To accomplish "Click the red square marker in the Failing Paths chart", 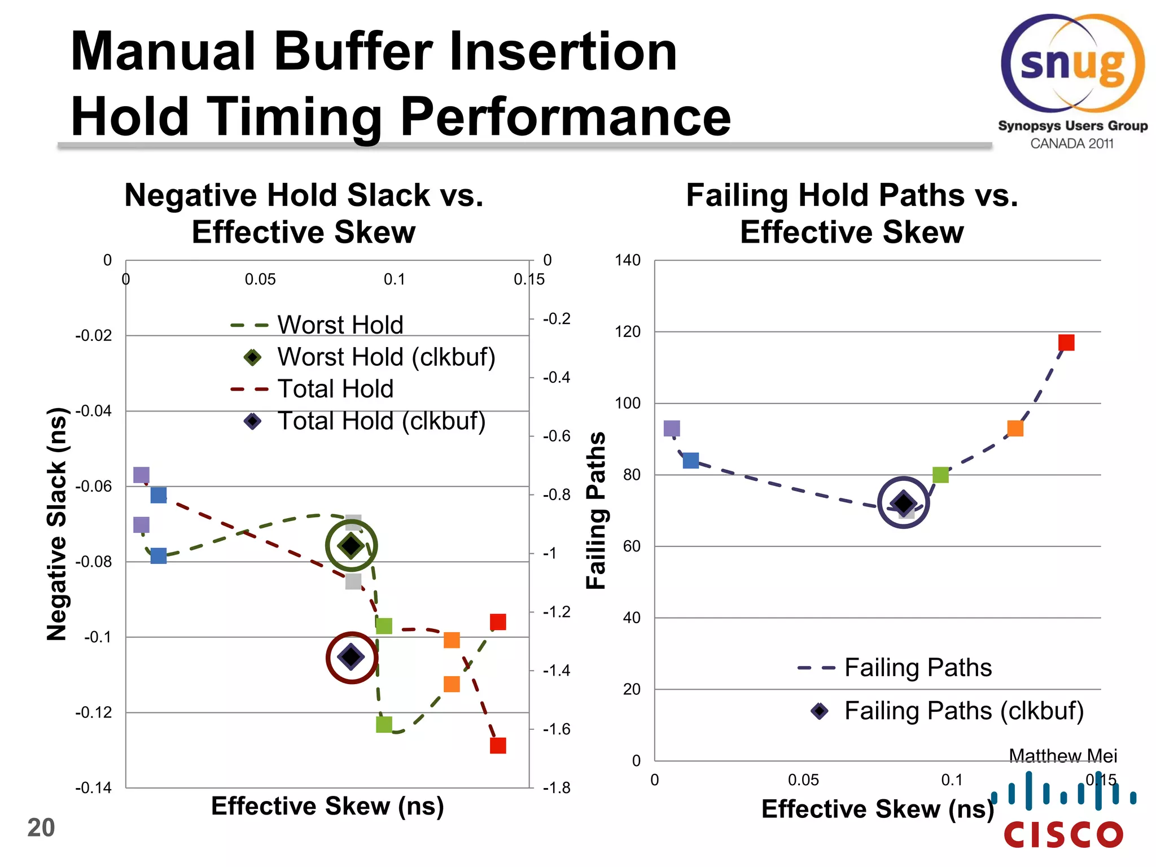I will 1066,343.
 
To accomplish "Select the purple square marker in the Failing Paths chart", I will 672,428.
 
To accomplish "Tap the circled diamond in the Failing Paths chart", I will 904,502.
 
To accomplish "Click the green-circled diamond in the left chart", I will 352,545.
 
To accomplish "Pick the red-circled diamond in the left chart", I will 352,656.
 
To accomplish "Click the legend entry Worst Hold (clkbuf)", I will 386,357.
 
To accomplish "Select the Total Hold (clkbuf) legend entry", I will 381,421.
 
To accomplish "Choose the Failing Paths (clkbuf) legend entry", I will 963,711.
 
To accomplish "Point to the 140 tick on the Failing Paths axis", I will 628,260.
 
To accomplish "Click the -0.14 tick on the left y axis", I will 93,787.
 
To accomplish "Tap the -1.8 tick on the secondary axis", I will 557,787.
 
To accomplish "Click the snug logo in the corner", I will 1072,65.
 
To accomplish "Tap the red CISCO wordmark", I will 1063,835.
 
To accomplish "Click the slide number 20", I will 41,828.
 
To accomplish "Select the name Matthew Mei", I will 1062,755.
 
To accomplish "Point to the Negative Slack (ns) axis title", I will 56,524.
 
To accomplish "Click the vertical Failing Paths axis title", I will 596,511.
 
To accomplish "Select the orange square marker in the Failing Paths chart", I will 1015,428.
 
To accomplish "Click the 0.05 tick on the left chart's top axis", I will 260,279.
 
